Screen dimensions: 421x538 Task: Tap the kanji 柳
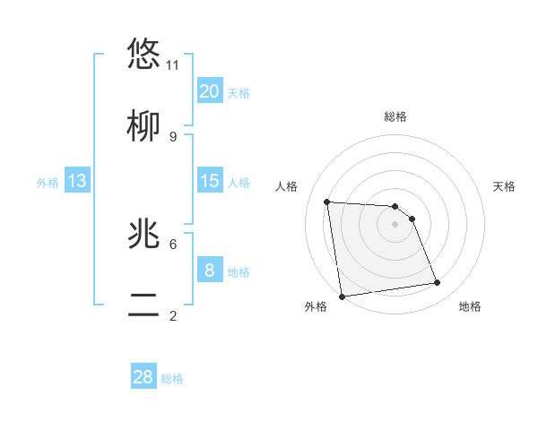click(x=143, y=126)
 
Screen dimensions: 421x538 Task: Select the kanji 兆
click(x=143, y=234)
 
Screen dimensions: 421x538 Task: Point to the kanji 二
click(x=143, y=305)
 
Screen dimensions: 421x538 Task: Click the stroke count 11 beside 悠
click(x=173, y=64)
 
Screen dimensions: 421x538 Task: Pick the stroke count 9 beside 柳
click(x=173, y=136)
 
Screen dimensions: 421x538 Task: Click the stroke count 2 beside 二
click(x=173, y=315)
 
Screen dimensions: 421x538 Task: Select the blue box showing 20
click(x=210, y=91)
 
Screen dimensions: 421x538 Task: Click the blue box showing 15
click(x=210, y=181)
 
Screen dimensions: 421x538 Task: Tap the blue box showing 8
click(x=210, y=271)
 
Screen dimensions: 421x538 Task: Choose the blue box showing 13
click(x=77, y=181)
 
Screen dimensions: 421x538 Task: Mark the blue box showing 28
click(x=143, y=377)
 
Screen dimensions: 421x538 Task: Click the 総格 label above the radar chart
click(x=395, y=116)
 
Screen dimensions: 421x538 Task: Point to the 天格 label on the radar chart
click(x=505, y=186)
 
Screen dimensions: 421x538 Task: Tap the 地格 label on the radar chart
click(x=470, y=306)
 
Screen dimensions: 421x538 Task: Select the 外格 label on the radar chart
click(x=316, y=306)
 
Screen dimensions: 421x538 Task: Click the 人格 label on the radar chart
click(x=287, y=186)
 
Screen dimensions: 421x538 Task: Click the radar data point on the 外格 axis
click(x=342, y=296)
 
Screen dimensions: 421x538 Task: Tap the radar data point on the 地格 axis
click(x=438, y=283)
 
